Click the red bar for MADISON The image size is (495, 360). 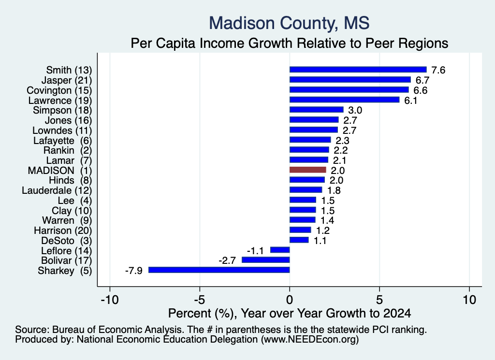pos(308,170)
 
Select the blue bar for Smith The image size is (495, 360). pos(358,70)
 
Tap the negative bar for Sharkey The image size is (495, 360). pos(219,270)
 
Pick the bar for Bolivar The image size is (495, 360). pos(266,259)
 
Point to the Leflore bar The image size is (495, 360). pos(280,250)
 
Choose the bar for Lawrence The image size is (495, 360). pos(344,100)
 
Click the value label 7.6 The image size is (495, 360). pos(438,70)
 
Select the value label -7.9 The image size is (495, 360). pos(134,271)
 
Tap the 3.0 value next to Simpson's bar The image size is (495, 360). pos(355,111)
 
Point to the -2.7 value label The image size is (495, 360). pos(227,260)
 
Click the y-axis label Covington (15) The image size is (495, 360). pos(59,90)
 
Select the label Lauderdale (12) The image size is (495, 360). pos(57,190)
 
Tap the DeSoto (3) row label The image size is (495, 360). pos(67,241)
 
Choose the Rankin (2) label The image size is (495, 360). pos(68,150)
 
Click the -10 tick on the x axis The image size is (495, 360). pos(110,300)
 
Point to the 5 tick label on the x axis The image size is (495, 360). pos(379,300)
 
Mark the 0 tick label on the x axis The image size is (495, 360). pos(290,300)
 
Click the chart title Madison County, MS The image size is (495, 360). pos(289,23)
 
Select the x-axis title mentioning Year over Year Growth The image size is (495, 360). pos(290,313)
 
